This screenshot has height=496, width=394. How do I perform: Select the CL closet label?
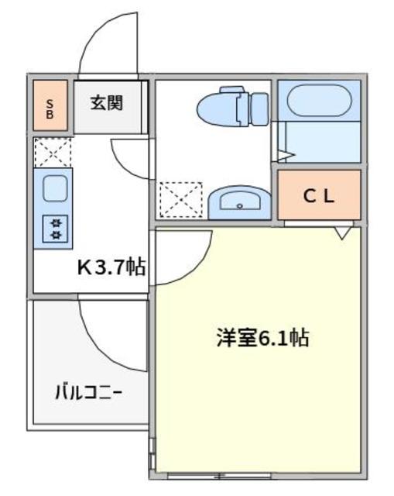tap(319, 196)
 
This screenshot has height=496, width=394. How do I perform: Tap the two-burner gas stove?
tap(56, 227)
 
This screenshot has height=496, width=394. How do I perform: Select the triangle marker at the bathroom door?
tap(286, 156)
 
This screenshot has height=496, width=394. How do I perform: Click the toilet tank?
tap(258, 108)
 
